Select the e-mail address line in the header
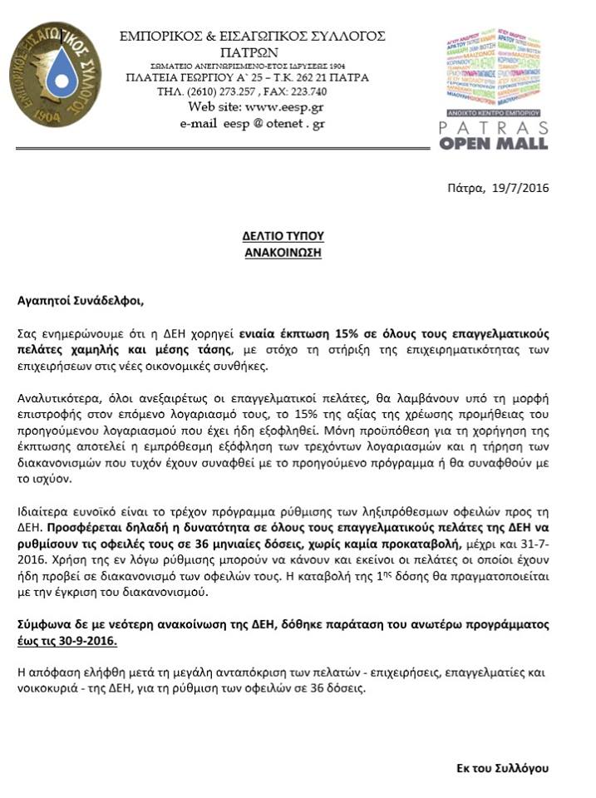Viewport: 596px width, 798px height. pyautogui.click(x=252, y=123)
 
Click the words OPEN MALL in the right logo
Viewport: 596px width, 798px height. pyautogui.click(x=495, y=143)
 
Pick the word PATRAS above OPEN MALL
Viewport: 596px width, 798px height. pyautogui.click(x=495, y=126)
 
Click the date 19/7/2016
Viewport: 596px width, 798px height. pyautogui.click(x=520, y=187)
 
